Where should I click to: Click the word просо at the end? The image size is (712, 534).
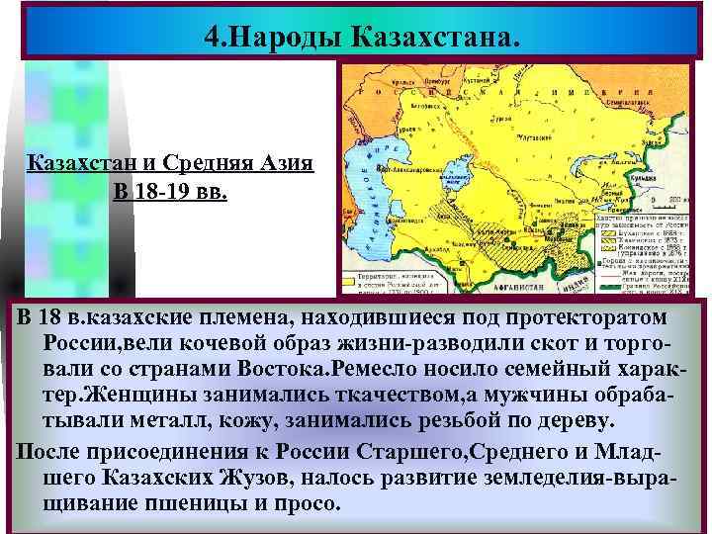[302, 501]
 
